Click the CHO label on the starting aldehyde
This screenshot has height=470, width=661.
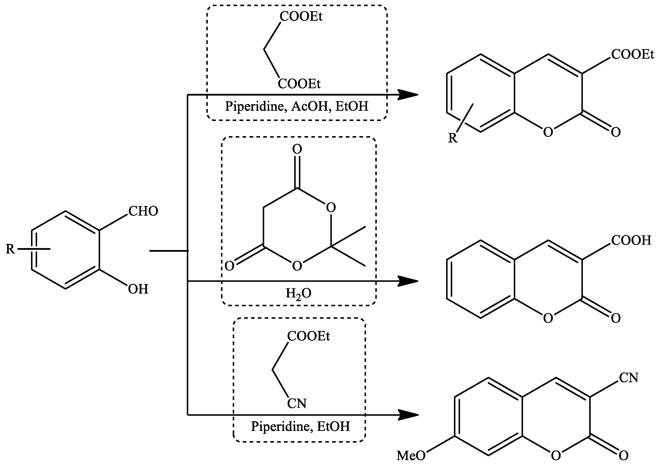point(143,211)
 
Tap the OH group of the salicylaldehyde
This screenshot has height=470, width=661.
point(138,289)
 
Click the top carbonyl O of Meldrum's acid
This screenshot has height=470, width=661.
point(297,149)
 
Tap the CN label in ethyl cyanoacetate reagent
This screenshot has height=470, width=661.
point(297,404)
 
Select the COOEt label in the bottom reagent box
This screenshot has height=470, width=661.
point(308,336)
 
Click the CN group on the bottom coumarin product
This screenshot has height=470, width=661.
point(628,378)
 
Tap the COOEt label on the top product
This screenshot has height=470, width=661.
point(632,55)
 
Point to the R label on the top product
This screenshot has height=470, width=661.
point(453,138)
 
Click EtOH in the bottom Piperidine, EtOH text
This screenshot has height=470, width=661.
point(333,426)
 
